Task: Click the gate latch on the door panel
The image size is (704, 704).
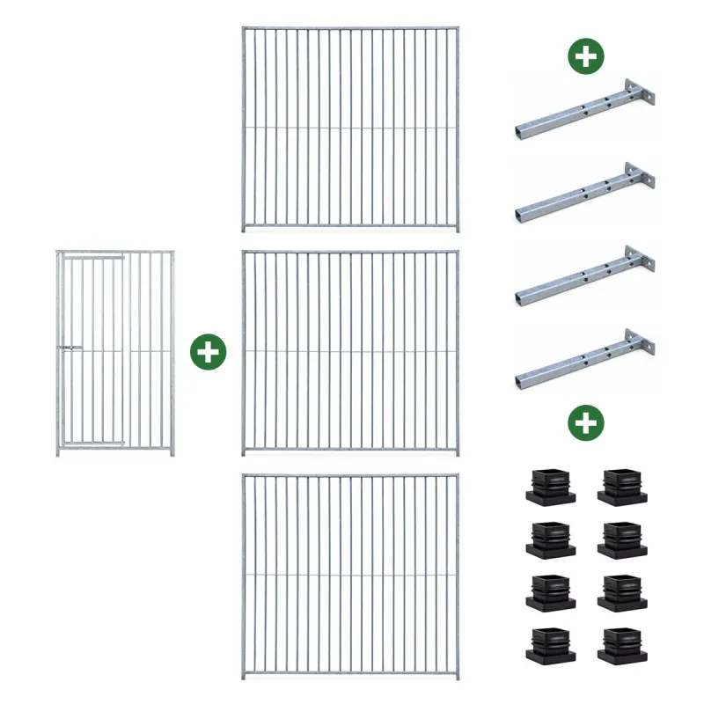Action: pyautogui.click(x=67, y=350)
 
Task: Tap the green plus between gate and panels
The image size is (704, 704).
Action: pyautogui.click(x=209, y=352)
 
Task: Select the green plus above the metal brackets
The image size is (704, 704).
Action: pyautogui.click(x=585, y=57)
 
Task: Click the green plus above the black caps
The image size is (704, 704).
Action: pyautogui.click(x=585, y=423)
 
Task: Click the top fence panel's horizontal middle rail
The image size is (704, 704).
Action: pyautogui.click(x=350, y=127)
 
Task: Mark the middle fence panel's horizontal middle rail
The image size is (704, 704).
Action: pyautogui.click(x=350, y=352)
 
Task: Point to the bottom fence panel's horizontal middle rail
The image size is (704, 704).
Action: pyautogui.click(x=350, y=576)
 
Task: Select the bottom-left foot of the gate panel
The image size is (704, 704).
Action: pyautogui.click(x=59, y=452)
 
